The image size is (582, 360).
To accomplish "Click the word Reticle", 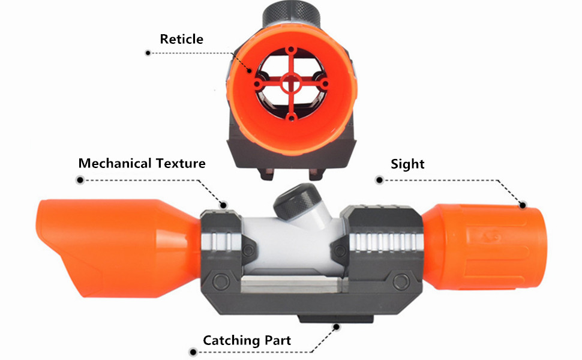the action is pos(181,40).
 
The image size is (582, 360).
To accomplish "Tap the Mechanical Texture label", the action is pos(142,163).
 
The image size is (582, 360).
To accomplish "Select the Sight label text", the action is pos(407,164).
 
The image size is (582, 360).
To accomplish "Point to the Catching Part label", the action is pos(247,341).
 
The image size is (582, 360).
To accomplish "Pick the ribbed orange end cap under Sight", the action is pos(486,240).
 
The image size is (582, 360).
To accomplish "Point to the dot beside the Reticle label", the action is pos(148,53).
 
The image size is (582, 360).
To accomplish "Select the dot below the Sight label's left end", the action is pos(379,179).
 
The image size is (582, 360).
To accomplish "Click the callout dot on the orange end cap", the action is pos(523,205).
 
